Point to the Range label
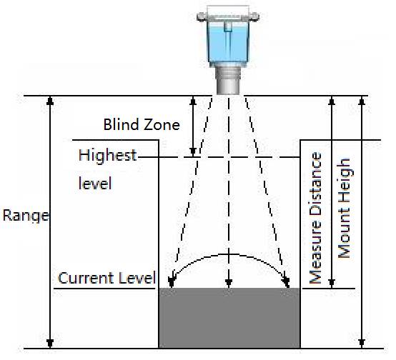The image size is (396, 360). click(x=26, y=216)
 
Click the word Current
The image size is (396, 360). click(x=86, y=278)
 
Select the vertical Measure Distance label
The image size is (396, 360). click(x=315, y=218)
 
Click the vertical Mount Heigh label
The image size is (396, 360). click(x=345, y=208)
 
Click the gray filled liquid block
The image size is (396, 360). click(x=229, y=318)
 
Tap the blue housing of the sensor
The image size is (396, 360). click(x=228, y=43)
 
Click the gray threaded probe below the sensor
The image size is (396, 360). click(x=228, y=79)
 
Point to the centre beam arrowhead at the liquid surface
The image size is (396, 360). click(x=229, y=284)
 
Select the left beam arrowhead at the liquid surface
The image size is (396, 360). click(x=172, y=282)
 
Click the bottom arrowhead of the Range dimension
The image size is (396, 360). click(x=50, y=344)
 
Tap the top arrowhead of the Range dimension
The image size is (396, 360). click(x=50, y=101)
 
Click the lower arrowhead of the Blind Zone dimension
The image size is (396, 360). click(x=193, y=152)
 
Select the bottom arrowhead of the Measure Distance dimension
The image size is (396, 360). click(x=332, y=284)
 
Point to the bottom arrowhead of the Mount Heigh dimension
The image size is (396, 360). click(x=362, y=344)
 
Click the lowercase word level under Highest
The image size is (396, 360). click(x=95, y=183)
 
